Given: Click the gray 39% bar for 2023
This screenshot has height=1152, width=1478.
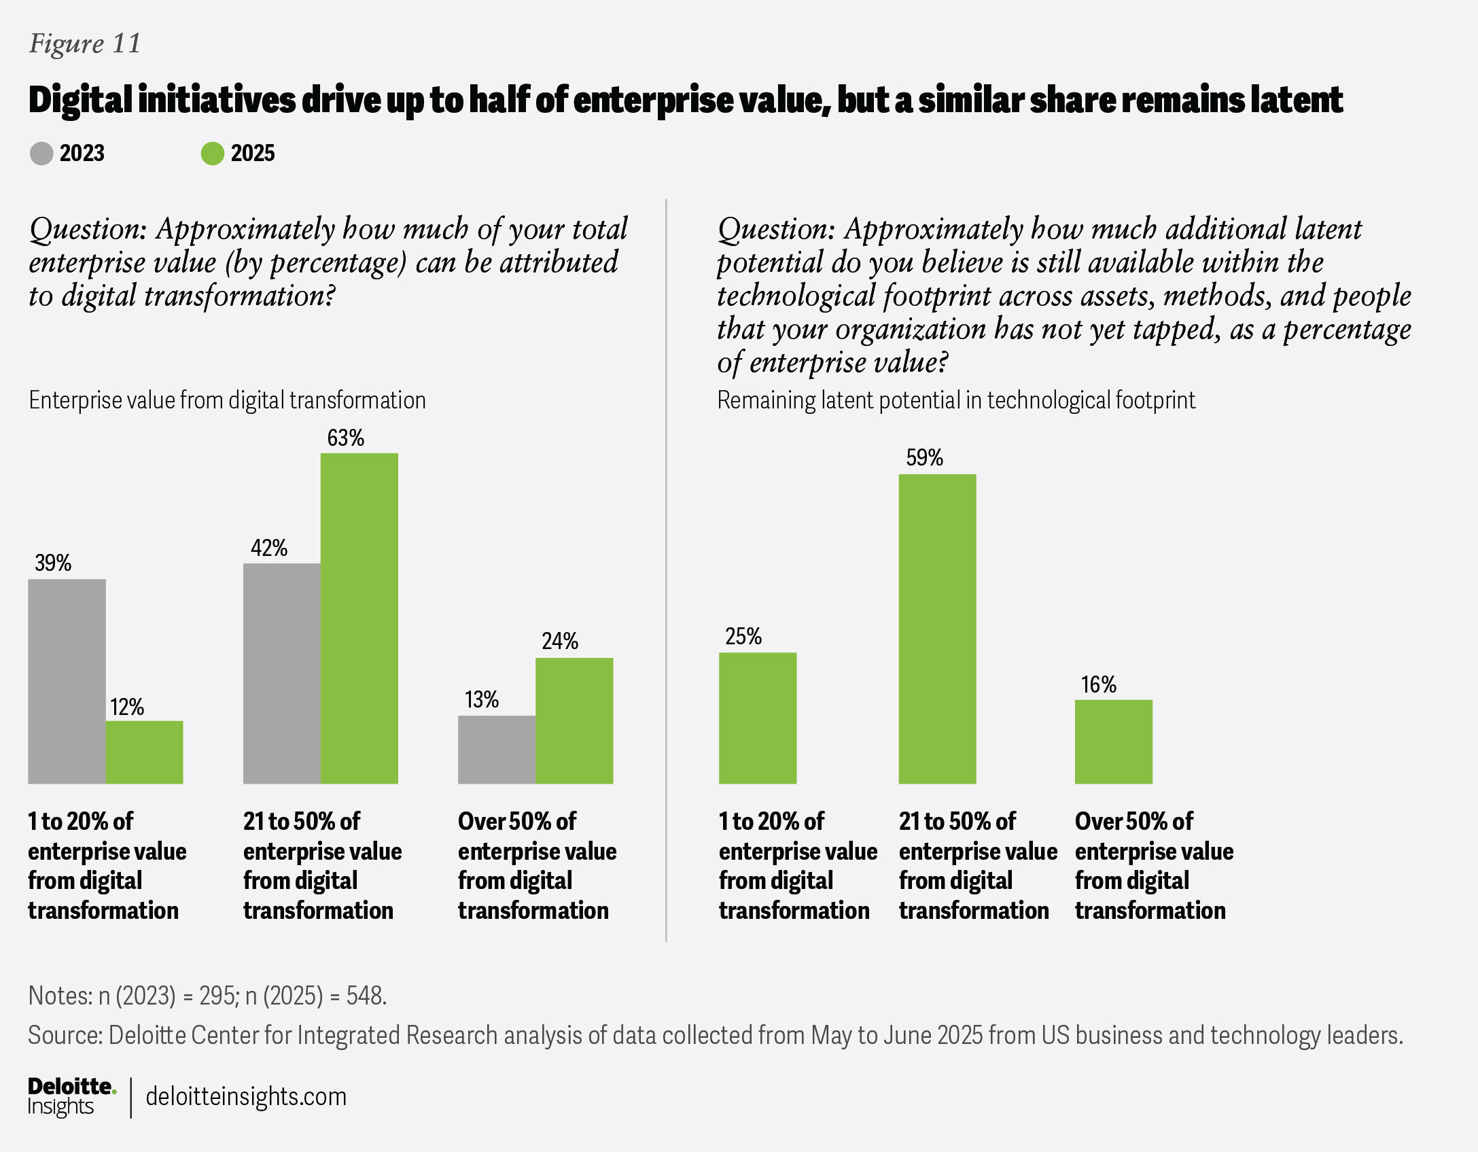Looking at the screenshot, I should coord(67,681).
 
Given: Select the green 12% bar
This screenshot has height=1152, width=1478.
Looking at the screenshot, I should coord(144,752).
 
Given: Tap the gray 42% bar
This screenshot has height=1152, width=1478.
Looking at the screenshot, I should coord(281,673).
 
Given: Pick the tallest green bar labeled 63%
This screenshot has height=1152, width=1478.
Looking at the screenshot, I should coord(359,618).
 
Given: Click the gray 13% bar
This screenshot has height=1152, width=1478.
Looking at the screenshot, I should coord(496,750).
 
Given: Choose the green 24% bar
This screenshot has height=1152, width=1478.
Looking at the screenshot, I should coord(574,720).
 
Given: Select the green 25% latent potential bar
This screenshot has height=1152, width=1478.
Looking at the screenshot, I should coord(757,718).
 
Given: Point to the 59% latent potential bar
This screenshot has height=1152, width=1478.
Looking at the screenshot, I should coord(937,629).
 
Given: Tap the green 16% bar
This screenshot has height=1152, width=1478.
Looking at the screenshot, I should coord(1113,741).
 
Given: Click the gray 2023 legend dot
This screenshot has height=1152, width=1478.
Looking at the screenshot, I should coord(41,154).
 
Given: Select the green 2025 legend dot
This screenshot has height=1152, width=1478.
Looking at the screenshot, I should coord(212,154).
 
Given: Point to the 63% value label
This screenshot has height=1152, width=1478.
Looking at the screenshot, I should coord(345,438).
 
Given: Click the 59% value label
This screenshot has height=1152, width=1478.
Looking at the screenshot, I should coord(924,458).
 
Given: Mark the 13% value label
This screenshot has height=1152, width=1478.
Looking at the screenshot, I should coord(481,700).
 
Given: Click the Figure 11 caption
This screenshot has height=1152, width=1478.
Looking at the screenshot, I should coord(85,44).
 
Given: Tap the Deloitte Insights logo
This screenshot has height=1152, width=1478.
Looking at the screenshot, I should coord(71,1096).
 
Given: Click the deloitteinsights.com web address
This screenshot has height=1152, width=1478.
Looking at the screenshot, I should coord(246,1096).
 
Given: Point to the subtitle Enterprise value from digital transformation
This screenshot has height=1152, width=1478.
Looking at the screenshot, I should coord(227,400).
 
